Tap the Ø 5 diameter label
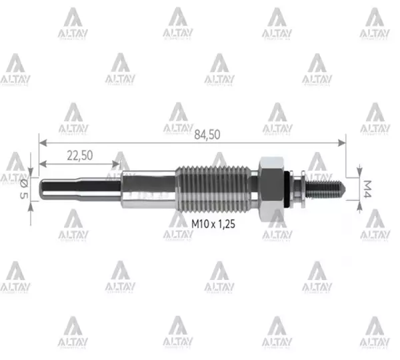coord(25,187)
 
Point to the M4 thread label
coord(366,188)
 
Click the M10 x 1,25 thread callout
coord(213,225)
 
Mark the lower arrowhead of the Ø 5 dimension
coord(31,202)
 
